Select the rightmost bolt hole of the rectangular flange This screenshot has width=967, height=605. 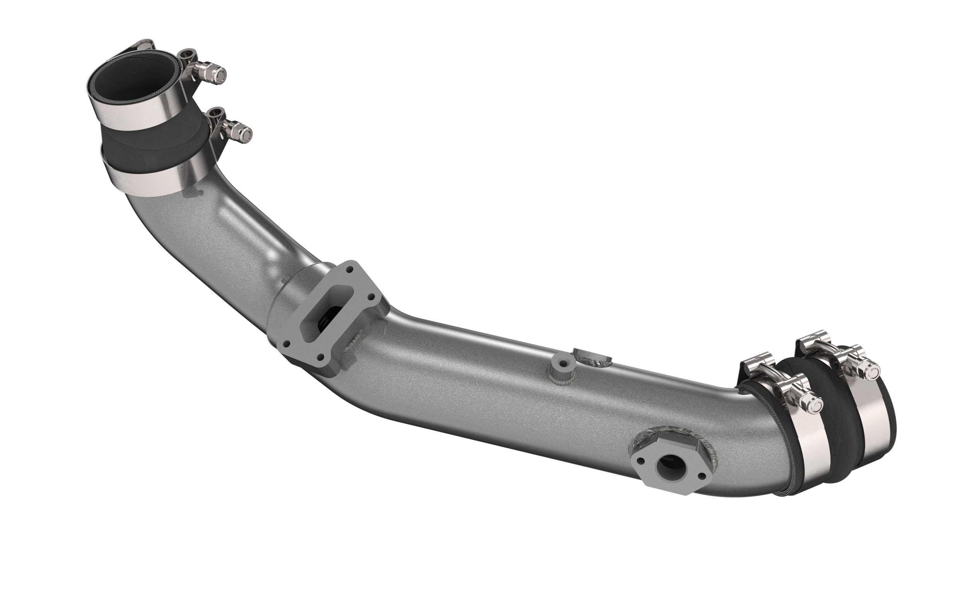(372, 298)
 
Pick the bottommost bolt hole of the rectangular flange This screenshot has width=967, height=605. (320, 357)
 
